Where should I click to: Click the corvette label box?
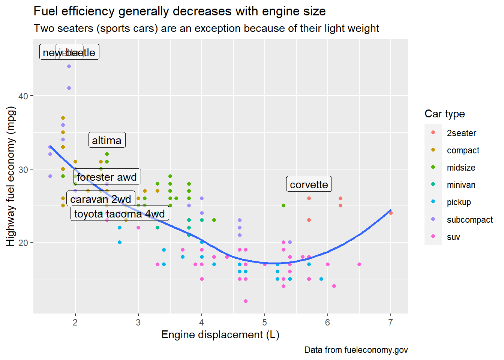309,184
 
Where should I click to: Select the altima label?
107,140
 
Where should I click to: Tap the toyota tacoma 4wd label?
120,214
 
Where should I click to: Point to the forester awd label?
107,177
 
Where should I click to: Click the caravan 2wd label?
100,199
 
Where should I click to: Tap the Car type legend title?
444,114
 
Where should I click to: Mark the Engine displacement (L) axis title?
220,334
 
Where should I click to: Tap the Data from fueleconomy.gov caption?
356,350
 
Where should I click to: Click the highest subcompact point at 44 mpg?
69,66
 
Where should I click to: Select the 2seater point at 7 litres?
390,213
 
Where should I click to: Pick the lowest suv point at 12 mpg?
246,301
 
